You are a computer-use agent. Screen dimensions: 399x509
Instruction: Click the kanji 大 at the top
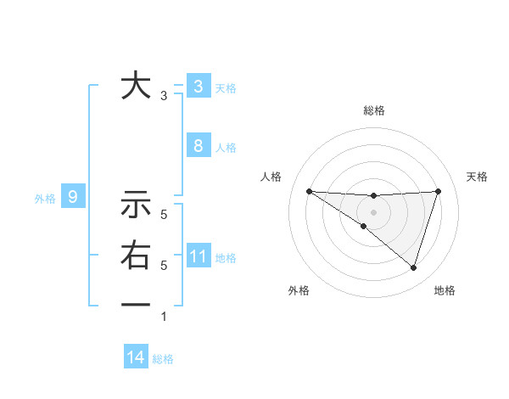(x=136, y=86)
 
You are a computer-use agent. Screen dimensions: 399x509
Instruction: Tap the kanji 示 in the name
(x=136, y=205)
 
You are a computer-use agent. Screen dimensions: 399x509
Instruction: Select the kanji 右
(x=136, y=256)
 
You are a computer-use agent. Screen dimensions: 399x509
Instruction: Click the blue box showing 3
(x=198, y=86)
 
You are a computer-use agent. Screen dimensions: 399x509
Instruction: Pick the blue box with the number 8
(x=198, y=145)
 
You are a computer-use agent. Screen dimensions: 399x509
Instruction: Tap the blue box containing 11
(x=198, y=256)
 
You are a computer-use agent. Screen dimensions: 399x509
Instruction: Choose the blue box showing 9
(x=73, y=198)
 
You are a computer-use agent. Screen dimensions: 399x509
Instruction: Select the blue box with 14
(x=136, y=357)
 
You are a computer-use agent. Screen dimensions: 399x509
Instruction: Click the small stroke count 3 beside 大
(x=164, y=96)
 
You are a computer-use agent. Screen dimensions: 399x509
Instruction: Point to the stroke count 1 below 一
(x=164, y=317)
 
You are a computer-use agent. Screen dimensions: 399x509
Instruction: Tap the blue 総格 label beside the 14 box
(x=163, y=359)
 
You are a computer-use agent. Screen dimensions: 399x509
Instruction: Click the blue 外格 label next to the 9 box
(x=45, y=199)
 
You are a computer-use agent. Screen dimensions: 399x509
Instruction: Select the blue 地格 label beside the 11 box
(x=226, y=258)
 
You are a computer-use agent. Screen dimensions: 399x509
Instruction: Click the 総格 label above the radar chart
(x=374, y=110)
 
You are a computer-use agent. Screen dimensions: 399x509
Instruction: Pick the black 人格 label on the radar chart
(x=271, y=177)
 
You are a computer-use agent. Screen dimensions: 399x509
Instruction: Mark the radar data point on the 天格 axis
(x=439, y=191)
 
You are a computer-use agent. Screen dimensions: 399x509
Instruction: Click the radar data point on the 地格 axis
(x=413, y=267)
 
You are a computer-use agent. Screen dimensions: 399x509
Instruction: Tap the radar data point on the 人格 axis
(x=309, y=191)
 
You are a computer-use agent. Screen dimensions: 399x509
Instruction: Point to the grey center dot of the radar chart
(x=373, y=211)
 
